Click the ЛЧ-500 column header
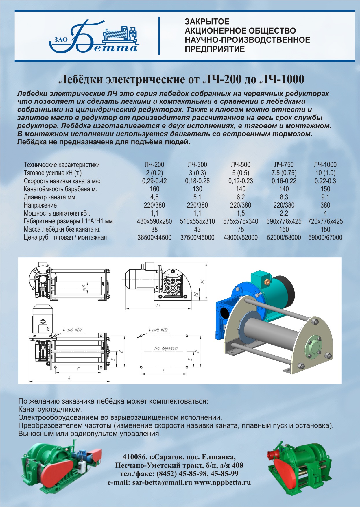point(241,165)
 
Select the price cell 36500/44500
point(154,238)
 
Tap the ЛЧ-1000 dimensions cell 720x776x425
point(325,221)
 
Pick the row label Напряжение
point(40,206)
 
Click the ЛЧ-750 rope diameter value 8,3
point(284,197)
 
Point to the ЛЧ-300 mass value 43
point(197,230)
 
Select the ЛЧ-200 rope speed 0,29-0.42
point(154,181)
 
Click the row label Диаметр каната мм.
point(50,197)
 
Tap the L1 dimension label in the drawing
point(158,306)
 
